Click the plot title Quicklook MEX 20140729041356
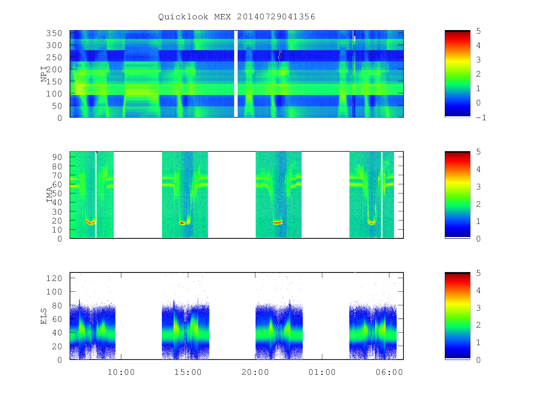point(237,17)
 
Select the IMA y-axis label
point(49,194)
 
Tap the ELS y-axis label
point(44,316)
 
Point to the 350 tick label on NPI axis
point(54,33)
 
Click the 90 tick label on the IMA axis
point(57,157)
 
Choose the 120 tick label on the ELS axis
point(54,278)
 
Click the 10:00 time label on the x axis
point(121,372)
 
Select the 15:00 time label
point(188,372)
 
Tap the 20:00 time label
point(255,372)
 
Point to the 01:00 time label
point(322,372)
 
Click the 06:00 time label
point(389,372)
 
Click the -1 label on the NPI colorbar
point(481,118)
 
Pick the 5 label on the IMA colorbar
point(478,152)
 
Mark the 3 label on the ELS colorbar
point(478,308)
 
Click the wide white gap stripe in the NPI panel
point(236,74)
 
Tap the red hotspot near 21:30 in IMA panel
point(278,223)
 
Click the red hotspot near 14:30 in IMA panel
point(182,223)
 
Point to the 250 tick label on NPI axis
point(54,57)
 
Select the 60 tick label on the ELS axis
point(57,319)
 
